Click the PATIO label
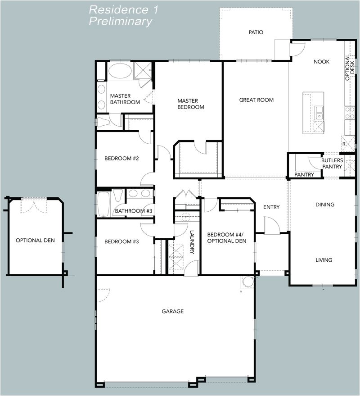coord(256,32)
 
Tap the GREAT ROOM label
coord(256,100)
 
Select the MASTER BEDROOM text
coord(190,104)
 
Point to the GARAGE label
coord(173,311)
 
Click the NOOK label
coord(321,62)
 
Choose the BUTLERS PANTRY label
coord(332,164)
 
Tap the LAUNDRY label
coord(192,242)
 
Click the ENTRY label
coord(271,207)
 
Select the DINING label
coord(324,205)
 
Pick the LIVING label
coord(324,260)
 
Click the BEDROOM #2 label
coord(121,158)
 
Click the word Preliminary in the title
coord(120,21)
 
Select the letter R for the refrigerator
coord(343,144)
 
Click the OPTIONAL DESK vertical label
coord(350,68)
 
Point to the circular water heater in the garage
coord(247,282)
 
